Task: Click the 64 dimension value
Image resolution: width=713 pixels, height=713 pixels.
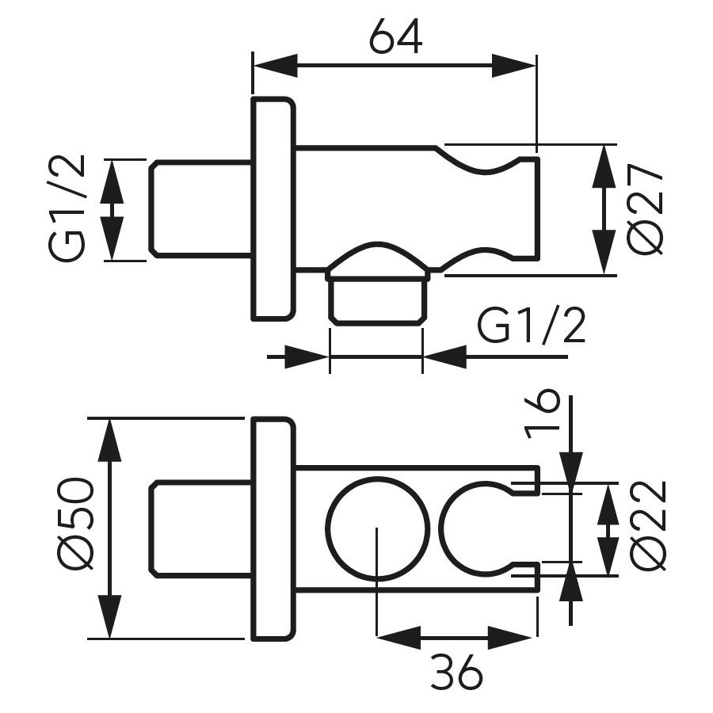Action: pyautogui.click(x=395, y=36)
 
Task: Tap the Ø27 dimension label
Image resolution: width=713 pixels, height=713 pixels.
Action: pyautogui.click(x=645, y=209)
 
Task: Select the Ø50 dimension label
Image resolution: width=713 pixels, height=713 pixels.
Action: pyautogui.click(x=77, y=524)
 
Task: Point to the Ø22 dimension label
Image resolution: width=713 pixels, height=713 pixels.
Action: pyautogui.click(x=649, y=526)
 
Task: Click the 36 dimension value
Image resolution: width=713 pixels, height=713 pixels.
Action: pyautogui.click(x=456, y=671)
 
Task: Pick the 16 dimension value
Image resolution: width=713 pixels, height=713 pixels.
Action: pyautogui.click(x=541, y=414)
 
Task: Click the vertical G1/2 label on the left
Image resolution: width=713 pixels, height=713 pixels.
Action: pyautogui.click(x=67, y=208)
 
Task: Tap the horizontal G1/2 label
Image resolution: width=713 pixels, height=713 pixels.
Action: pyautogui.click(x=531, y=326)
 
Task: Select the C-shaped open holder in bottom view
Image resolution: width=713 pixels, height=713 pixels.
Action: pyautogui.click(x=440, y=529)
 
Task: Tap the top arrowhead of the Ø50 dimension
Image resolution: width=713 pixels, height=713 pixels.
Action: pyautogui.click(x=109, y=440)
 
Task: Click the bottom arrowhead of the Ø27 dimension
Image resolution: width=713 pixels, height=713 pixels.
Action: pyautogui.click(x=604, y=253)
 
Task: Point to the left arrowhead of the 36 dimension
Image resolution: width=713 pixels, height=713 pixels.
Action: pyautogui.click(x=398, y=637)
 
